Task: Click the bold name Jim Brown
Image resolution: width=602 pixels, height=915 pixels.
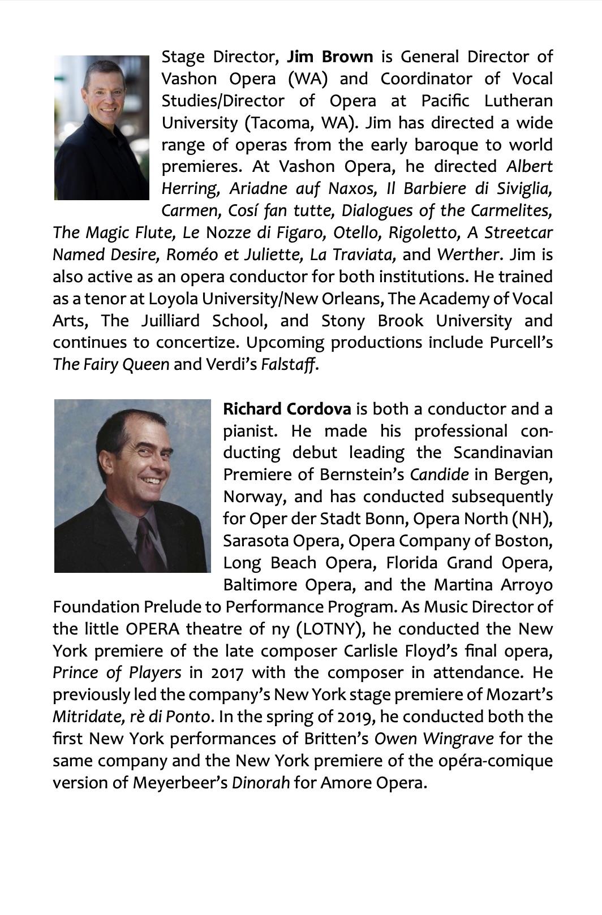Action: click(330, 57)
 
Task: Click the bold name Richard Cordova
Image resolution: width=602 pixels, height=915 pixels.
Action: click(287, 409)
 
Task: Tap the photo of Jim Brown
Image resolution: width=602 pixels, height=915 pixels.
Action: click(101, 128)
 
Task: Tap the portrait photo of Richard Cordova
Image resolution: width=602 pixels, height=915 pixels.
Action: click(132, 486)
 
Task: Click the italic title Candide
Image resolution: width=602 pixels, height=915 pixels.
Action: click(440, 474)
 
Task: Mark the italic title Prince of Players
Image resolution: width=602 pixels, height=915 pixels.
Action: click(117, 673)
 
